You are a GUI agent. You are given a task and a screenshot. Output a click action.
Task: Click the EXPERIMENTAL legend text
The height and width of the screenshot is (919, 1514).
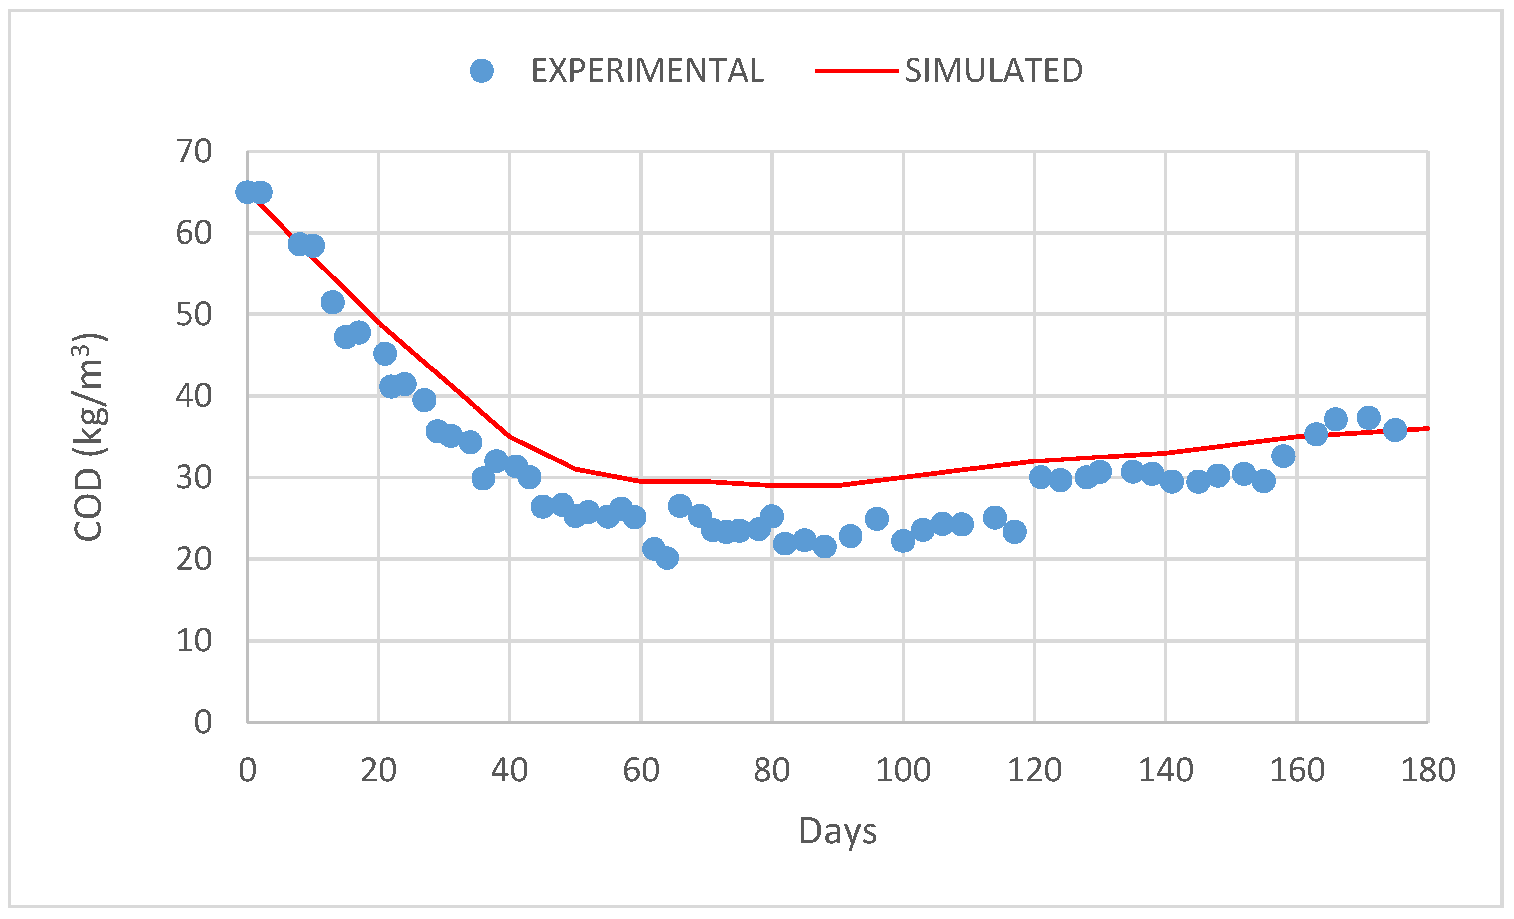(x=647, y=71)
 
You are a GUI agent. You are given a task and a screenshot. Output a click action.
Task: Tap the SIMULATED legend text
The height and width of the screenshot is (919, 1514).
(x=994, y=71)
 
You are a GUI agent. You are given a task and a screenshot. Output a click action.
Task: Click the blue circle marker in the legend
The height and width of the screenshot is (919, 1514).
(x=482, y=71)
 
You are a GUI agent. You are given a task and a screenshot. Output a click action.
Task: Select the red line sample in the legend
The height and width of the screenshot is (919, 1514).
(x=856, y=71)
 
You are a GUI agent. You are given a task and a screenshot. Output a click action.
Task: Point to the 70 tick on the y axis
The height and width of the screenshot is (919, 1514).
(x=194, y=151)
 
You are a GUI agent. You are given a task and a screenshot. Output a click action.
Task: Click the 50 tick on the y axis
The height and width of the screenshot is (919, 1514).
(x=194, y=314)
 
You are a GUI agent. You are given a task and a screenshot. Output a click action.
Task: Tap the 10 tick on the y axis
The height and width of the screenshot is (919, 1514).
(x=194, y=641)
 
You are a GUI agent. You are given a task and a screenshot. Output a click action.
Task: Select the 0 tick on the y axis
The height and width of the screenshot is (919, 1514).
(x=203, y=722)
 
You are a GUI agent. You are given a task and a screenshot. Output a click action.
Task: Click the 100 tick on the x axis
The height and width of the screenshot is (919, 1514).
(x=903, y=770)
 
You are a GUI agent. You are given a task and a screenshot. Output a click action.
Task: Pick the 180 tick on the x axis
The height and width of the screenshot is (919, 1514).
(x=1428, y=770)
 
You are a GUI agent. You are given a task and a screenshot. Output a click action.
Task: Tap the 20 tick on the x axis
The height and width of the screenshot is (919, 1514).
(x=378, y=770)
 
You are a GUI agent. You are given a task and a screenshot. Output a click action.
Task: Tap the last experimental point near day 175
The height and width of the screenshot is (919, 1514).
(x=1395, y=429)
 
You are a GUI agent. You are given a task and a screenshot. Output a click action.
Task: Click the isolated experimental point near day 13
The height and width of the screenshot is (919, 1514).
(x=332, y=302)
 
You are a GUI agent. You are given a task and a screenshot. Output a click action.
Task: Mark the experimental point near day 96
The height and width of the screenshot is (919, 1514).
(x=877, y=519)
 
